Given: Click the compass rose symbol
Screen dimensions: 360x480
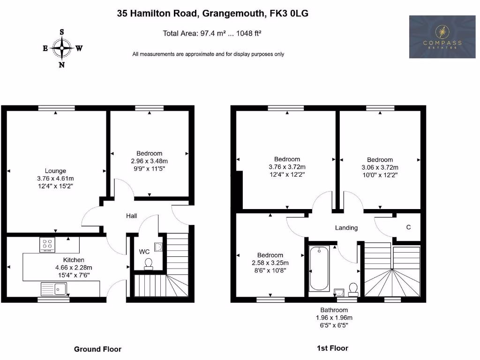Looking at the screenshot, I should click(61, 47).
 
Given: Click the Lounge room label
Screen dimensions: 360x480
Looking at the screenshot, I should click(55, 171).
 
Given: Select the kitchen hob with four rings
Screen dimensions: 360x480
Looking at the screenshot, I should click(47, 245).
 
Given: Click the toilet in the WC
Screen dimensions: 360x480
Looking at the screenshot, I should click(149, 264).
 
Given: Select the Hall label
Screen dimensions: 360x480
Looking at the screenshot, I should click(131, 216).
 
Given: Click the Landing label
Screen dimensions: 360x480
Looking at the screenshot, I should click(346, 228).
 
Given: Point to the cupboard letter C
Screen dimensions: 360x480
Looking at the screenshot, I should click(408, 227).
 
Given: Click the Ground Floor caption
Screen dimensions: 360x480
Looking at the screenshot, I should click(97, 349).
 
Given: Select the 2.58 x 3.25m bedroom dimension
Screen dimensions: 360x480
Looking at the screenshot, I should click(270, 262).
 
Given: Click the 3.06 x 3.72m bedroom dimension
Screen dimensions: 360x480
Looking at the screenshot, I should click(380, 167).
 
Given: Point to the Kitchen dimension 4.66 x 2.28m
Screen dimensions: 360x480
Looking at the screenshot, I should click(74, 268).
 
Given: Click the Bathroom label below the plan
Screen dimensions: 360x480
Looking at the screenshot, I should click(334, 310).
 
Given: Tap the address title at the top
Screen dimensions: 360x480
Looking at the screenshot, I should click(212, 14).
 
